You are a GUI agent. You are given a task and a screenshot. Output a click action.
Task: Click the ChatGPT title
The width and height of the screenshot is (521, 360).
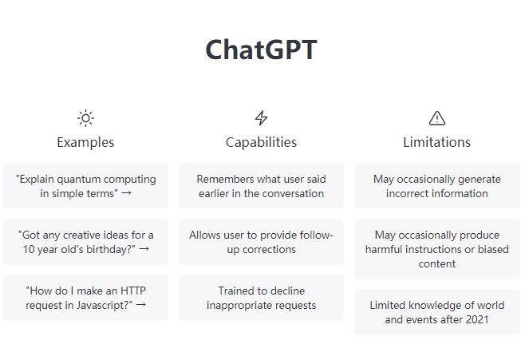point(261,49)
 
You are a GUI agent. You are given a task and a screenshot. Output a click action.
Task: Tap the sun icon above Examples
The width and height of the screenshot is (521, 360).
point(85,118)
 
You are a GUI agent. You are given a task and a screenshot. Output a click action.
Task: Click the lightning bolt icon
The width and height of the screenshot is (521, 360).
point(261,118)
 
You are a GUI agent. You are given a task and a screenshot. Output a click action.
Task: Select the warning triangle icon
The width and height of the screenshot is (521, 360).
point(437,118)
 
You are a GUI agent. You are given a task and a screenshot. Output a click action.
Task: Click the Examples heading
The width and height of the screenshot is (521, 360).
point(85,142)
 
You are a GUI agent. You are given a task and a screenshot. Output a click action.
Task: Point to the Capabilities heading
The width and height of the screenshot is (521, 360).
point(261,142)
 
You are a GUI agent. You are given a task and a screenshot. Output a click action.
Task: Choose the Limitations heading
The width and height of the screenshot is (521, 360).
point(437,142)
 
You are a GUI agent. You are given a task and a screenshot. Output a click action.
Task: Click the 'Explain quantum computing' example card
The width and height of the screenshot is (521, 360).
point(85,186)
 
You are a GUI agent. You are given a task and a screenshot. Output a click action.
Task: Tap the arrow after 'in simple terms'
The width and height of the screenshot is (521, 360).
point(127,193)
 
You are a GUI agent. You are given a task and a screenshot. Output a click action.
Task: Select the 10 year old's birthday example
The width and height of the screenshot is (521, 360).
point(85,242)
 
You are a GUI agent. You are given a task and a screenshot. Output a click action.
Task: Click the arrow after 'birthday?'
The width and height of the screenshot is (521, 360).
point(144,248)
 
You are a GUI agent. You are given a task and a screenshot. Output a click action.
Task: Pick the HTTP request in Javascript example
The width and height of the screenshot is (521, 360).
point(85,298)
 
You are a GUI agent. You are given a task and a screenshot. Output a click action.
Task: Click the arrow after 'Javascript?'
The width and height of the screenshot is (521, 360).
point(141,304)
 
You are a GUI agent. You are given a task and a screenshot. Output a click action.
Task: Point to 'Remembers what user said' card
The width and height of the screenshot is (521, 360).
point(261,186)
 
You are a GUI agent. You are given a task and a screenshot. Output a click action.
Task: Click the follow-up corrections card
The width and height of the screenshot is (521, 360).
point(261,242)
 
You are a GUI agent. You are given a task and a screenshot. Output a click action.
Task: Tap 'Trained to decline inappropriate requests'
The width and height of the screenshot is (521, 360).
point(261,298)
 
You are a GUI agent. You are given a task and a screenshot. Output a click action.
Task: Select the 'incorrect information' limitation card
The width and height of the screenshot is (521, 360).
point(437,186)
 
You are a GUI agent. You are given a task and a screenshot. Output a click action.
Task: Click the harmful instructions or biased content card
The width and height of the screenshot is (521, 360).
point(437,249)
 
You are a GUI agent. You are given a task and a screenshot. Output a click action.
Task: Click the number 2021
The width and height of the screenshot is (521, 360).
point(477,319)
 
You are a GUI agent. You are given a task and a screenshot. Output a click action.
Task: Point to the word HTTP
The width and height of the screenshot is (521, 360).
point(133,291)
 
